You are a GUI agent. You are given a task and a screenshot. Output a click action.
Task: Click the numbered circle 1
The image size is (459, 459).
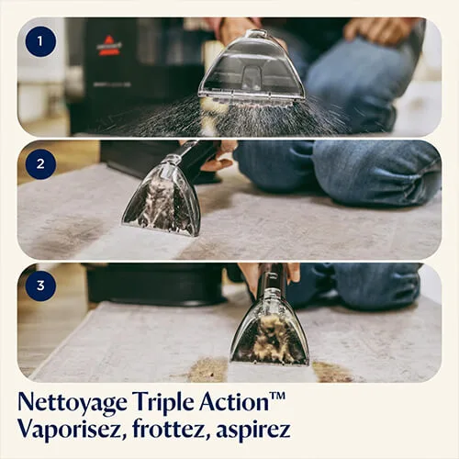coord(39,41)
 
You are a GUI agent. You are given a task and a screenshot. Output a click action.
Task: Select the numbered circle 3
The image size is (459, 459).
coord(39,285)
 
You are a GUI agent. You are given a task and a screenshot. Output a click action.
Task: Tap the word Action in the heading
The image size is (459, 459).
coord(239,401)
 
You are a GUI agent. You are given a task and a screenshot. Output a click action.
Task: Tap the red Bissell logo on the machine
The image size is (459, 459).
coord(109,47)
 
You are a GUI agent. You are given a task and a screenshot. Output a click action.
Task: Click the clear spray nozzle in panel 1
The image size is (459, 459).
coord(251,69)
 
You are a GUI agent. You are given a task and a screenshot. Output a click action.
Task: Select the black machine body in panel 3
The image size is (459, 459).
coord(156,284)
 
